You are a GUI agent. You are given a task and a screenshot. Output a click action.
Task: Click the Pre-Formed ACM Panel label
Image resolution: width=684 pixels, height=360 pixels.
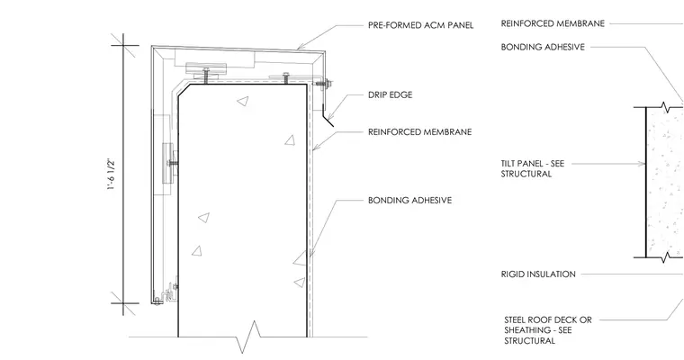[x=420, y=25]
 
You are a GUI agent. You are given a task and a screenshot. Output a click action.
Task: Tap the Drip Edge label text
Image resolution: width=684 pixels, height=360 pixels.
[x=390, y=94]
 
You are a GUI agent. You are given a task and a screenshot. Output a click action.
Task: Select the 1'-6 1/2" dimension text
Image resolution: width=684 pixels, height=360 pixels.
[x=112, y=175]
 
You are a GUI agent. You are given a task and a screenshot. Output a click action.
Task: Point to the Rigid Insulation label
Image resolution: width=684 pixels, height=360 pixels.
[x=538, y=274]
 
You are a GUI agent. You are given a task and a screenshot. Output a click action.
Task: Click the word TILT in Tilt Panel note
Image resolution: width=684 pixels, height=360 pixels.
[x=510, y=164]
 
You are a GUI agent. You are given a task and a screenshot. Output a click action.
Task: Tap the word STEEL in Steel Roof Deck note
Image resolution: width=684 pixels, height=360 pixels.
[x=516, y=319]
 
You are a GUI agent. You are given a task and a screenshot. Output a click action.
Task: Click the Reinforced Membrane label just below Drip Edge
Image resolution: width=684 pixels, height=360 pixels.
[x=419, y=131]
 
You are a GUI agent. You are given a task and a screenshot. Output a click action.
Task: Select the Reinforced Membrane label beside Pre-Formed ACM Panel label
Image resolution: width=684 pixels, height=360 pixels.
[x=553, y=23]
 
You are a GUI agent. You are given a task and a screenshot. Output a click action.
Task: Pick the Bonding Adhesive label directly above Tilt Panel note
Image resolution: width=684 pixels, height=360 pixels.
[x=543, y=47]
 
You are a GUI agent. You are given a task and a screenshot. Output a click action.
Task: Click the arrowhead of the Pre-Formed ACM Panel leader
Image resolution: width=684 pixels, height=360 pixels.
[x=300, y=46]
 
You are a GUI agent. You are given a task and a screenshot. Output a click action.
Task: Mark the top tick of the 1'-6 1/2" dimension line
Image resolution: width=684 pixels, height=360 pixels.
[x=123, y=45]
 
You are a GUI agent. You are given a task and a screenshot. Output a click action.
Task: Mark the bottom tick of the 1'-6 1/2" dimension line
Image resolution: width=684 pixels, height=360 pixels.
[x=123, y=303]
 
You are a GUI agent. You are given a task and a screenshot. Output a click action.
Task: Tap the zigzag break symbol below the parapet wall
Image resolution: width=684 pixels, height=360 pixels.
[x=247, y=337]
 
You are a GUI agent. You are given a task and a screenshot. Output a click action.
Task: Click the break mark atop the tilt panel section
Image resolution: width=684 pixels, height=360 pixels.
[x=664, y=107]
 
